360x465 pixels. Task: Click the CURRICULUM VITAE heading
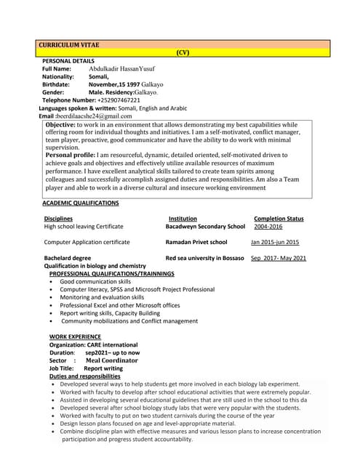[x=69, y=45]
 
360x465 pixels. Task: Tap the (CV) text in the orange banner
[x=183, y=53]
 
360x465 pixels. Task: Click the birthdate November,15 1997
[x=116, y=84]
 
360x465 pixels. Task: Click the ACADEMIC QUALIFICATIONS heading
[x=80, y=203]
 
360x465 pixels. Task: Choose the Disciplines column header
[x=58, y=219]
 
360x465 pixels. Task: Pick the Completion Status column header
[x=279, y=219]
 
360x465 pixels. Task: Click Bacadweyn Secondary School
[x=205, y=227]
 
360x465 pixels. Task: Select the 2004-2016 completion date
[x=268, y=227]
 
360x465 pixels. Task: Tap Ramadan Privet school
[x=196, y=242]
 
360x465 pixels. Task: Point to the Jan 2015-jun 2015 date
[x=275, y=242]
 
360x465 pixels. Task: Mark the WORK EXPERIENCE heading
[x=75, y=337]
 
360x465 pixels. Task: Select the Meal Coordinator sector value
[x=111, y=360]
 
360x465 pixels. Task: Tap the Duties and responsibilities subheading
[x=84, y=376]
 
